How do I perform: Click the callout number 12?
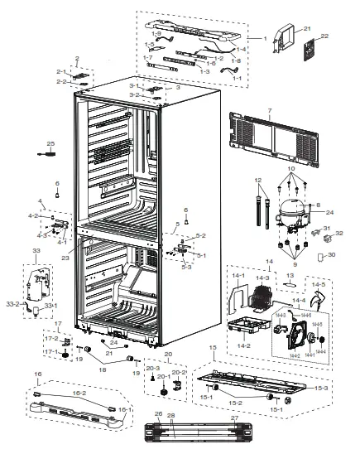pyautogui.click(x=258, y=180)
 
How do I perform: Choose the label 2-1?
pyautogui.click(x=60, y=72)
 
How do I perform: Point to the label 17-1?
pyautogui.click(x=49, y=351)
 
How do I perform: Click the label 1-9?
pyautogui.click(x=147, y=33)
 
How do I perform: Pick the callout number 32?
pyautogui.click(x=339, y=234)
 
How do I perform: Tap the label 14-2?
pyautogui.click(x=245, y=345)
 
